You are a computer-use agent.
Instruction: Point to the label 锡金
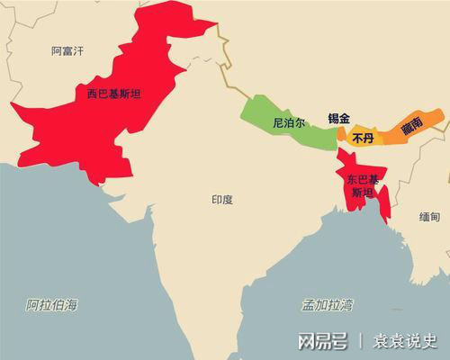tap(339, 118)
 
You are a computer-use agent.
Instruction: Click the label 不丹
tap(362, 139)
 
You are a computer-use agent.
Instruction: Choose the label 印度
tap(221, 199)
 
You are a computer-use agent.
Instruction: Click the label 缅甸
tap(430, 217)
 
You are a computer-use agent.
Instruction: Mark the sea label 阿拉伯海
tap(51, 304)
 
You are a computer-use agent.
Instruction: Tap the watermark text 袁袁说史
tap(405, 341)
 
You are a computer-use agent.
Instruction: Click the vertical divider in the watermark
tap(361, 341)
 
